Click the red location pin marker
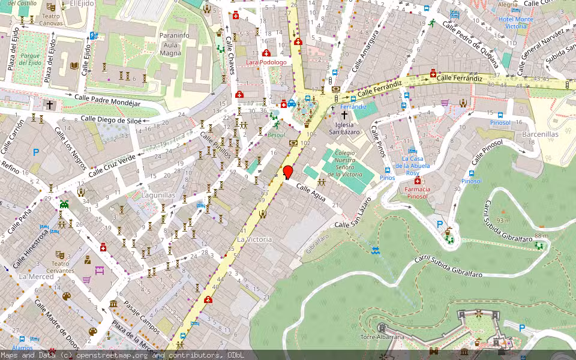288,172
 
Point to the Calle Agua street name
311,193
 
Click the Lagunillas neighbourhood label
158,195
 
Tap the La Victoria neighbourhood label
254,239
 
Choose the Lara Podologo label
266,62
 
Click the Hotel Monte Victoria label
515,23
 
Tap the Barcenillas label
540,134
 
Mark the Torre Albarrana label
382,337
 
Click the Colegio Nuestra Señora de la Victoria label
349,164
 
